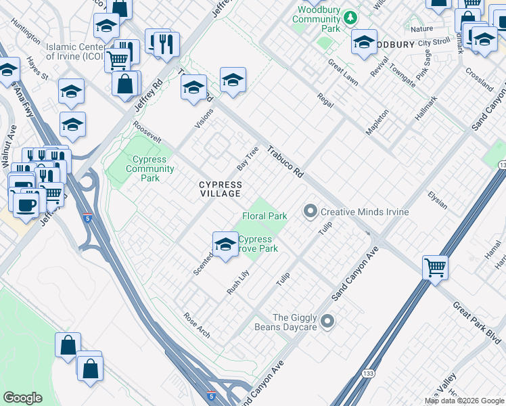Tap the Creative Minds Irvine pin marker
tap(310, 212)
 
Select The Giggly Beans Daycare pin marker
tap(328, 321)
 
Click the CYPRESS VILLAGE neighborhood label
tap(220, 189)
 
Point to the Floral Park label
tap(265, 216)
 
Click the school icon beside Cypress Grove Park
tap(225, 244)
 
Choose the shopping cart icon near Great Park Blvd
tap(435, 267)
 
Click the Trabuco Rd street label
tap(284, 163)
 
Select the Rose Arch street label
tap(197, 325)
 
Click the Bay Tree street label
tap(248, 158)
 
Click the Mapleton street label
tap(377, 122)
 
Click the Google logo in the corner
tap(23, 398)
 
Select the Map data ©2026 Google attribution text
tap(464, 401)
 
